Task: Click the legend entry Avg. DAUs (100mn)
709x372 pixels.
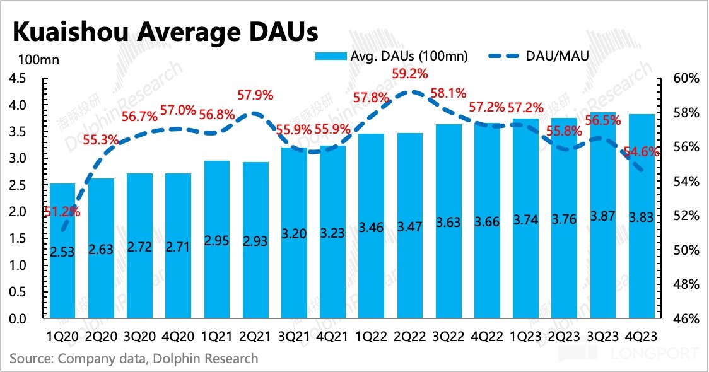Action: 392,56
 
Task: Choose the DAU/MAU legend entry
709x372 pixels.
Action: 540,56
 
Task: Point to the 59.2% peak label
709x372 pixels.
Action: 410,73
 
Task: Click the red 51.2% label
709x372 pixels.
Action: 62,212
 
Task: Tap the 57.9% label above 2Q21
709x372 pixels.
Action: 255,96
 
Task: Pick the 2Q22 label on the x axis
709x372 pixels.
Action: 409,336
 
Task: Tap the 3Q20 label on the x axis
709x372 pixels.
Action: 140,336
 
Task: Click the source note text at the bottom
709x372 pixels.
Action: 134,359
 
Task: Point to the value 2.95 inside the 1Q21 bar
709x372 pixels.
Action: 216,241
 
